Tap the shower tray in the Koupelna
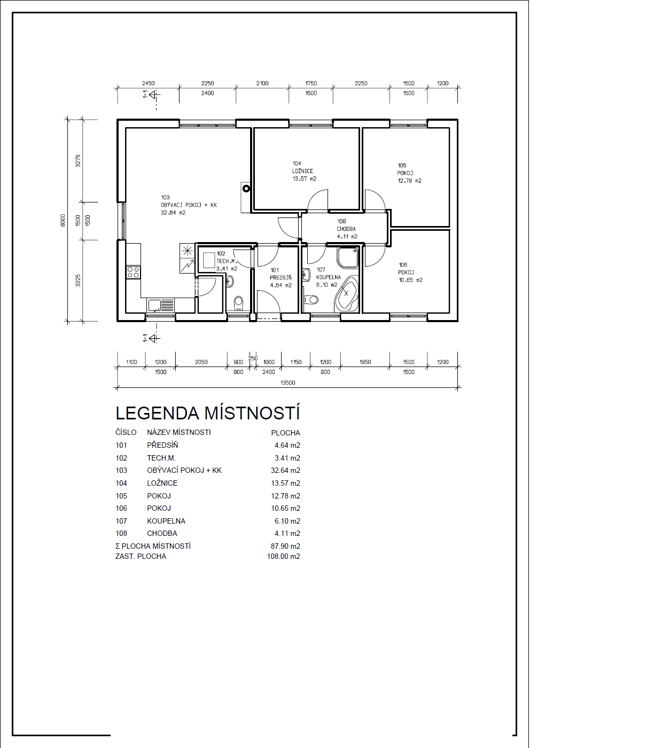(347, 258)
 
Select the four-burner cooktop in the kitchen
(133, 272)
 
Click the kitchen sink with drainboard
(161, 305)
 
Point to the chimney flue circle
(246, 189)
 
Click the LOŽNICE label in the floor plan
(302, 171)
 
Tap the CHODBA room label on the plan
(346, 229)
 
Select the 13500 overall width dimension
(287, 383)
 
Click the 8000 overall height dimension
(63, 221)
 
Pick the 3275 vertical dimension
(78, 161)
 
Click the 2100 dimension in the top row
(262, 83)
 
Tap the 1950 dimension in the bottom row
(365, 362)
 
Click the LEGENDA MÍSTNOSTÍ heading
(207, 413)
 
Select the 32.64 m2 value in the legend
(285, 470)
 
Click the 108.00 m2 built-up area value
(284, 556)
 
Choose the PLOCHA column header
(285, 433)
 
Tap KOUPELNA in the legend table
(166, 521)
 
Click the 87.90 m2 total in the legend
(285, 546)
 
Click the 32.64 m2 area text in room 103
(173, 213)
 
